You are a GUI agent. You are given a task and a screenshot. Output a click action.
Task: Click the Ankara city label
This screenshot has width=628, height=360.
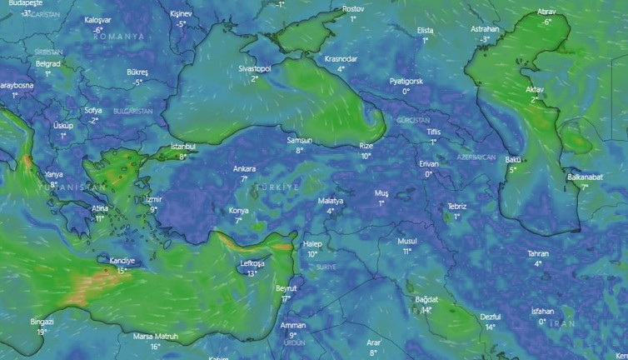(x=244, y=168)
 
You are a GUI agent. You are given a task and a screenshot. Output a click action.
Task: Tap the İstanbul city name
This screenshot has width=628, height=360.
(x=182, y=147)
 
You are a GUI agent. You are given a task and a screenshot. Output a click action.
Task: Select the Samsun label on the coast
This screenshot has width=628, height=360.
(x=299, y=140)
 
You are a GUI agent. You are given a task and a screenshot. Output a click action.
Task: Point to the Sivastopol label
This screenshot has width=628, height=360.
(x=254, y=69)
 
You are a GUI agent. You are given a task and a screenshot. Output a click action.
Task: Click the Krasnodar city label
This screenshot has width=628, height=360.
(x=341, y=59)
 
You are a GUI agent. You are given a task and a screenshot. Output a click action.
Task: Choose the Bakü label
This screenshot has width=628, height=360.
(x=512, y=159)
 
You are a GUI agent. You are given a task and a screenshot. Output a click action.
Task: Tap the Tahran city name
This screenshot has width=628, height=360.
(x=538, y=253)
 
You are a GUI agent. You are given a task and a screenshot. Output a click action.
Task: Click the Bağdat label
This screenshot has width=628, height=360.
(x=426, y=299)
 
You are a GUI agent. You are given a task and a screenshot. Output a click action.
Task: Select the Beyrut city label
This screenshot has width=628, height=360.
(x=286, y=288)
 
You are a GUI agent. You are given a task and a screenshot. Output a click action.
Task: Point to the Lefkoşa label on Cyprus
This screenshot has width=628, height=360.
(x=252, y=263)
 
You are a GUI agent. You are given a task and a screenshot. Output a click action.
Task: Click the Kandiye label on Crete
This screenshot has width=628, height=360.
(x=122, y=261)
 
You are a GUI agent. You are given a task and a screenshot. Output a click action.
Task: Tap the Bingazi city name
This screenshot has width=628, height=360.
(x=42, y=322)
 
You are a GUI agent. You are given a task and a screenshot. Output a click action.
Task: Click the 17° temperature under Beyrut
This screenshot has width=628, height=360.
(x=286, y=298)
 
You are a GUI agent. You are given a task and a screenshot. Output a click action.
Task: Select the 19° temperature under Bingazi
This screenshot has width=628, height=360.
(x=42, y=332)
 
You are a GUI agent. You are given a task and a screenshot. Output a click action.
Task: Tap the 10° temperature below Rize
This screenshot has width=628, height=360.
(x=366, y=156)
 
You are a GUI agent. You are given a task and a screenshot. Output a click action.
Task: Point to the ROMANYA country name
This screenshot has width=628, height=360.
(x=119, y=37)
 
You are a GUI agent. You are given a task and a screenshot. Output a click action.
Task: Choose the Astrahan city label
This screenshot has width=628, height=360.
(x=485, y=29)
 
